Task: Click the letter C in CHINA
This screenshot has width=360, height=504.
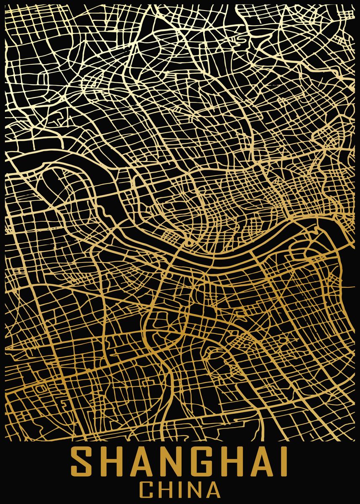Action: click(x=146, y=491)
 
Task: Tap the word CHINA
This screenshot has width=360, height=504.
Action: click(x=180, y=491)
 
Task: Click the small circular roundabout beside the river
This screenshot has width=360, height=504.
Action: click(x=189, y=243)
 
